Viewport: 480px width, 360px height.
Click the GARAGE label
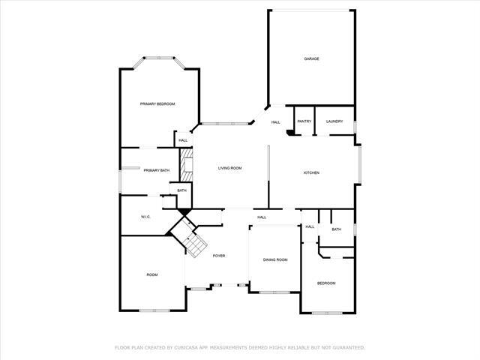tap(312, 58)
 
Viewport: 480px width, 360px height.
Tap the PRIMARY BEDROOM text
tap(157, 103)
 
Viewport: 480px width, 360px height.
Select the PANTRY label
tap(304, 121)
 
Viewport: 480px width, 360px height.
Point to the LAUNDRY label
tap(334, 121)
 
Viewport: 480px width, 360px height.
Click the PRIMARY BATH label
tap(157, 171)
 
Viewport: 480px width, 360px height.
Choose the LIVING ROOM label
tap(229, 169)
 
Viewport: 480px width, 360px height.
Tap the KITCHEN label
tap(311, 172)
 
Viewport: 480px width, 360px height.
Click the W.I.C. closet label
tap(146, 217)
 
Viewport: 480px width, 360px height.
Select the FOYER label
tap(219, 256)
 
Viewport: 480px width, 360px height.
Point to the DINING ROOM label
tap(275, 259)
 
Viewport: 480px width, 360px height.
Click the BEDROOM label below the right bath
tap(326, 283)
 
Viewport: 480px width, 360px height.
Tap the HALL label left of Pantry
tap(276, 122)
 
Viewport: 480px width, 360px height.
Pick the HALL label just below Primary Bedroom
tap(183, 140)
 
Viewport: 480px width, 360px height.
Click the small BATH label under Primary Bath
tap(182, 190)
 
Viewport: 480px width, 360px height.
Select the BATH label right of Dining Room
tap(336, 229)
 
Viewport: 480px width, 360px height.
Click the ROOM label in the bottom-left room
tap(152, 275)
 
